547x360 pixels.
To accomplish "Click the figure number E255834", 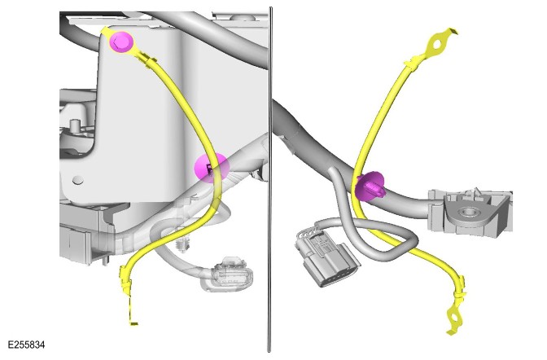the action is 26,345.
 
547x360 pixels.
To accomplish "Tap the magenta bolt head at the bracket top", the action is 121,42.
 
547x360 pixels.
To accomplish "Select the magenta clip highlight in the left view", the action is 212,168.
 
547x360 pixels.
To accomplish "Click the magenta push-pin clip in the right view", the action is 370,187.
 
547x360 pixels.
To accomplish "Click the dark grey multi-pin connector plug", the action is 326,255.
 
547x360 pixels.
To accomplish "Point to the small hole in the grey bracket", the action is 78,180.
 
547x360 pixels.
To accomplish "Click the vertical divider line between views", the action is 269,179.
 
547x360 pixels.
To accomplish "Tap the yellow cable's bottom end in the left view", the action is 133,323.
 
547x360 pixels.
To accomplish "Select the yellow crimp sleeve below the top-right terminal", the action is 414,62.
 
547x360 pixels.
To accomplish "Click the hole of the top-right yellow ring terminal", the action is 437,45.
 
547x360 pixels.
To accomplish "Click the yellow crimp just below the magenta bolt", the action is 148,61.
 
